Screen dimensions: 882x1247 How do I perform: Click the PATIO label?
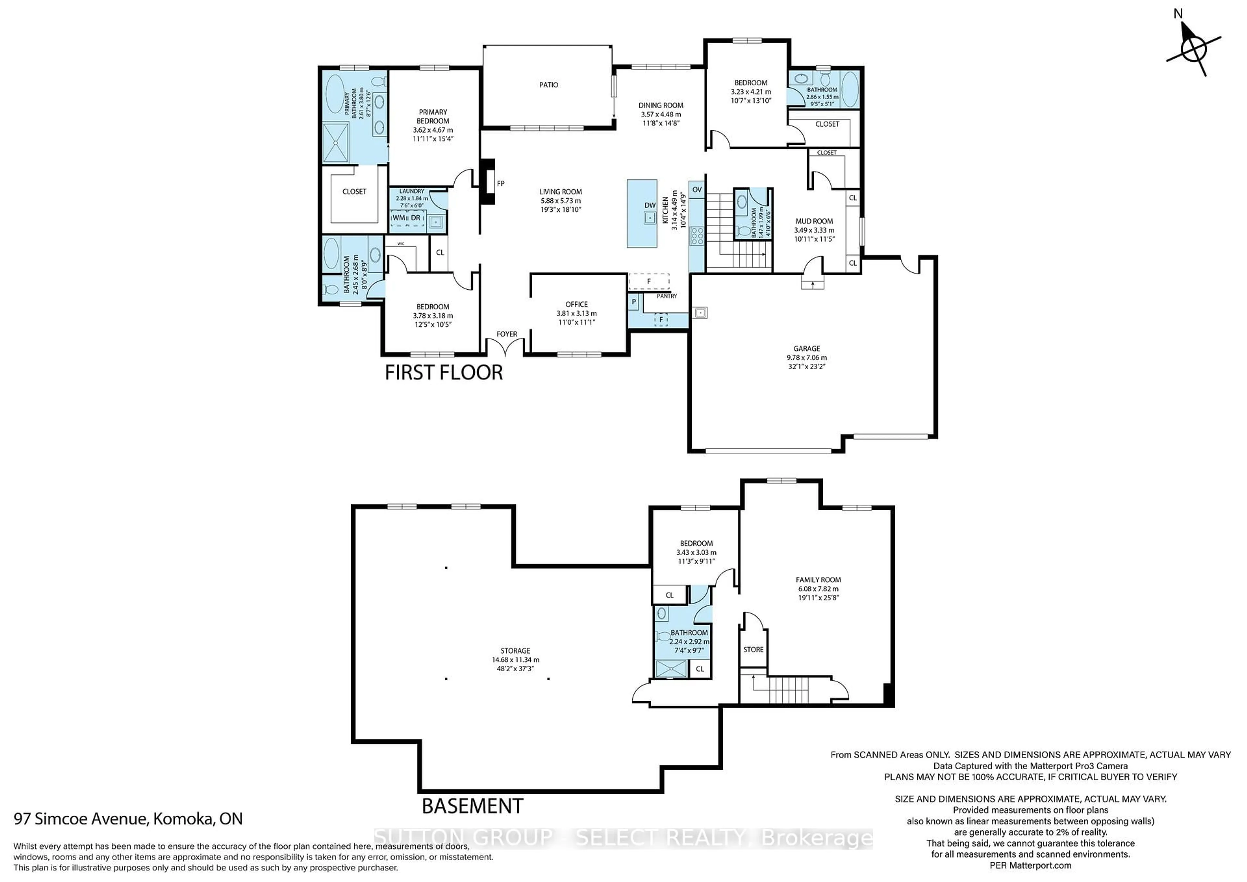pos(548,85)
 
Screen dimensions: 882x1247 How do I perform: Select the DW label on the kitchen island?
pos(649,205)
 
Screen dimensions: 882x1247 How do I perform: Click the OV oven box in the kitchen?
pos(697,190)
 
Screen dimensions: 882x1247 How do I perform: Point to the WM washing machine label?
pos(399,218)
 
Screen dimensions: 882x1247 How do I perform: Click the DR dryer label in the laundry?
pos(415,218)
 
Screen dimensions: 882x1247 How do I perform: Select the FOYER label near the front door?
pos(506,334)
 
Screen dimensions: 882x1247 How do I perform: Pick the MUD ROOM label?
pos(813,221)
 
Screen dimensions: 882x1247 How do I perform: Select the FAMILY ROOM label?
pos(818,579)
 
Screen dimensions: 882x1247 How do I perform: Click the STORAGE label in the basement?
pos(515,651)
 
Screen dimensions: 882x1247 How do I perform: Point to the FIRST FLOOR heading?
pos(444,372)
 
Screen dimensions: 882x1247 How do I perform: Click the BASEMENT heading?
pos(472,806)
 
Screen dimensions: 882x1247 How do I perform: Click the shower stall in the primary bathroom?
pos(336,143)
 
